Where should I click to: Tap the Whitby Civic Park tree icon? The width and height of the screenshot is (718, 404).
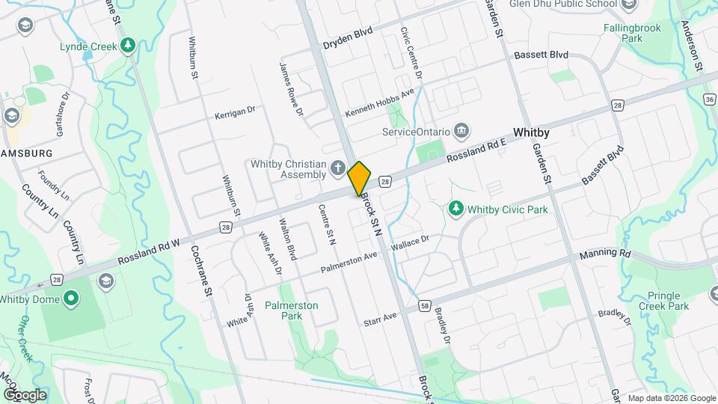pyautogui.click(x=455, y=209)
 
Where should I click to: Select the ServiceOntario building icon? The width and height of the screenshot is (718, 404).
pyautogui.click(x=461, y=132)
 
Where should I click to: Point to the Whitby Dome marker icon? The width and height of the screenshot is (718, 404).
pyautogui.click(x=71, y=300)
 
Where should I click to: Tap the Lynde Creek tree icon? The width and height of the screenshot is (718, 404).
pyautogui.click(x=129, y=46)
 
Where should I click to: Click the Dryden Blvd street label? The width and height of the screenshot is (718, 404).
pyautogui.click(x=347, y=38)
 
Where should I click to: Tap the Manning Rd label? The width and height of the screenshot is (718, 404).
pyautogui.click(x=605, y=254)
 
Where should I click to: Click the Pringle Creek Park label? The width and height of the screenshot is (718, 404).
pyautogui.click(x=664, y=301)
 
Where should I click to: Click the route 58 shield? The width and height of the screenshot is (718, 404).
pyautogui.click(x=425, y=306)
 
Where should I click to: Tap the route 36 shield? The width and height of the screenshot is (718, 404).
pyautogui.click(x=711, y=99)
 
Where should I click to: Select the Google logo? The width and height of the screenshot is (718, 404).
pyautogui.click(x=25, y=394)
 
